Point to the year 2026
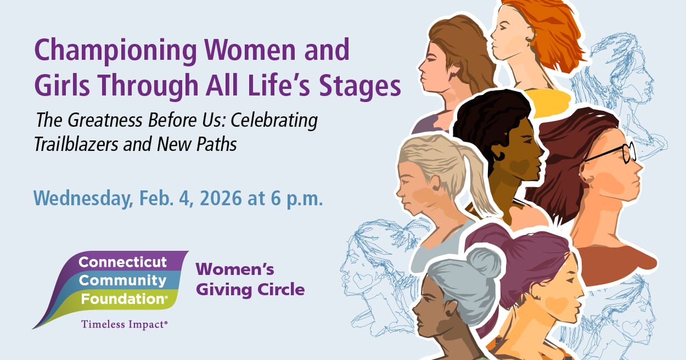click(220, 198)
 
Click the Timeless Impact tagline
click(123, 324)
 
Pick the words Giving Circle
click(250, 289)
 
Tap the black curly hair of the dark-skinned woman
click(483, 121)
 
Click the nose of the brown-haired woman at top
click(421, 69)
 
